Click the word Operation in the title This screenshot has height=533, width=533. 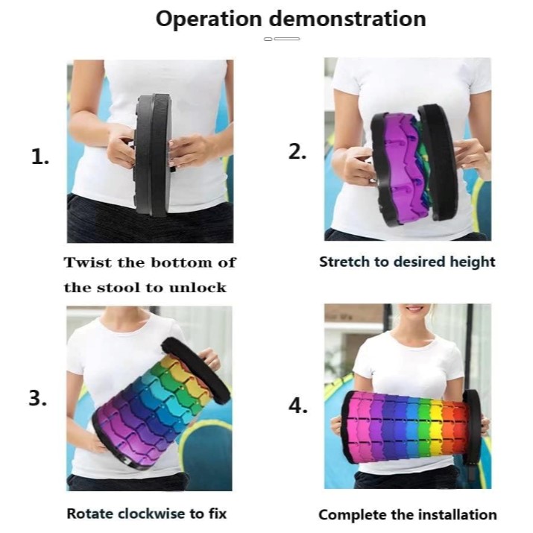(209, 19)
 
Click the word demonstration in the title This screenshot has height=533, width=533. (347, 19)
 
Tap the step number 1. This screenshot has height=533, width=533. (40, 157)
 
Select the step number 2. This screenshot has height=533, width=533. (297, 151)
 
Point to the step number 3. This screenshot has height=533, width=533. (38, 398)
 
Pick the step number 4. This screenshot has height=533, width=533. (297, 406)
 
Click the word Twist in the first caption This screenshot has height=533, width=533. (88, 262)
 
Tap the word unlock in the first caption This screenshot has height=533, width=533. (198, 288)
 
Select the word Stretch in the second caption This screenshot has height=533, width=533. (344, 262)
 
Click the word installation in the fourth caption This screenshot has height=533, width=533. (458, 514)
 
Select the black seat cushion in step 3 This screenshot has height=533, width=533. (196, 370)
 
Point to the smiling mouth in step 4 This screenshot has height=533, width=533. (414, 309)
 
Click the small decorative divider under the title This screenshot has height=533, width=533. (282, 39)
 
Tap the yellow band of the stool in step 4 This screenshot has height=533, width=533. (436, 429)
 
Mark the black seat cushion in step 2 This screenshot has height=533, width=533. (438, 163)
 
